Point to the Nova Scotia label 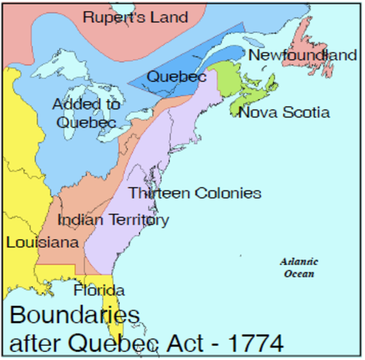coord(283,112)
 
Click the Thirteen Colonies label coord(194,193)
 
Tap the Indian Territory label coord(112,220)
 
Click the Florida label coord(99,290)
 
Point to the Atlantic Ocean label coord(299,268)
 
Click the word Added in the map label coord(72,103)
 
